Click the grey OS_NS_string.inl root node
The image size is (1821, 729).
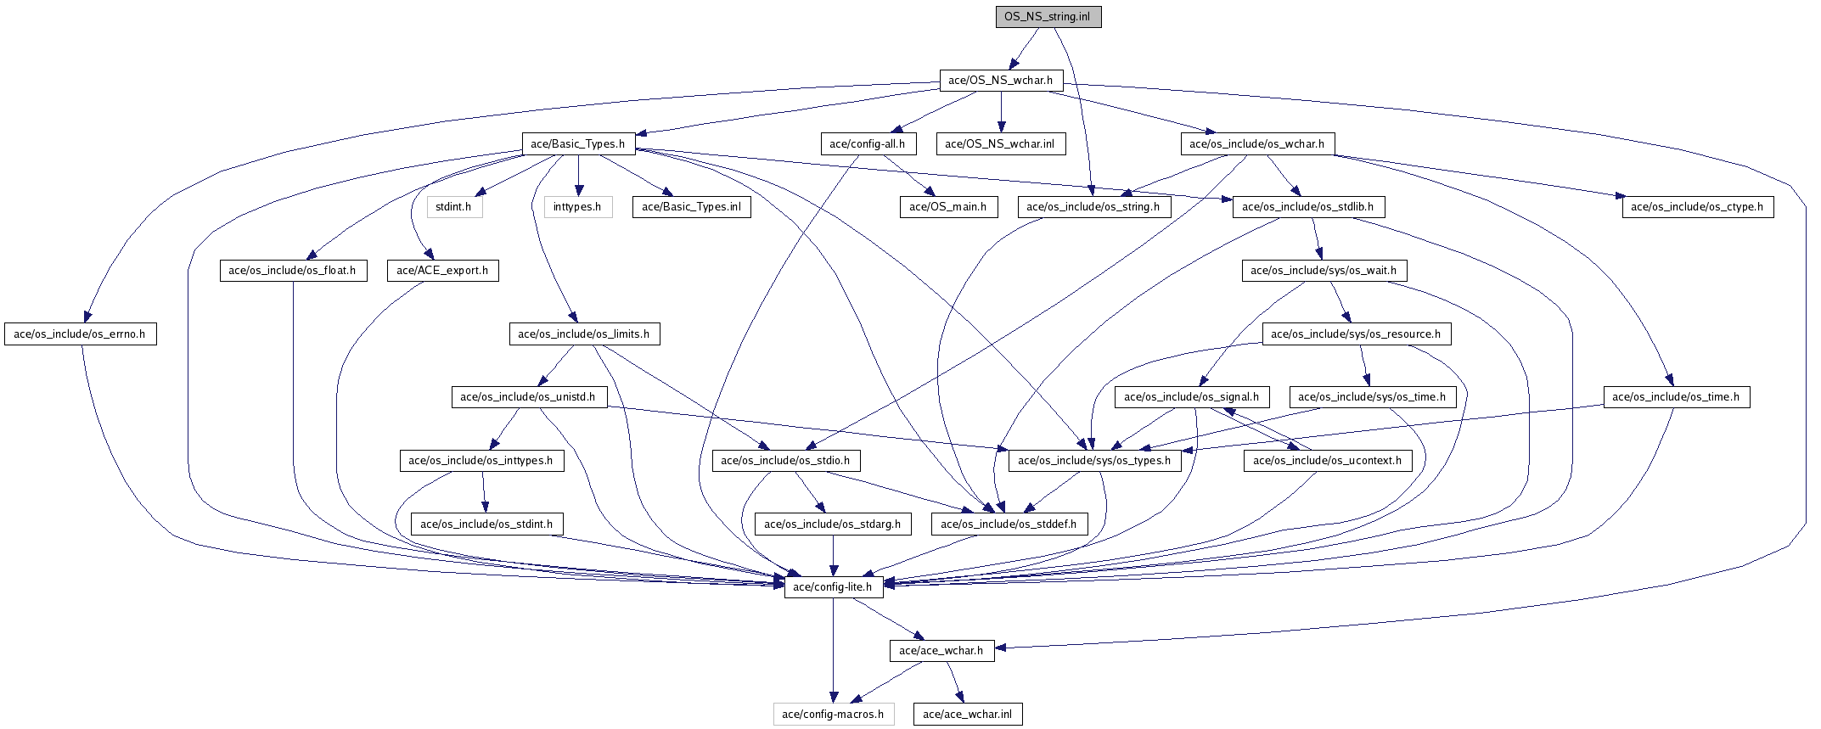1048,17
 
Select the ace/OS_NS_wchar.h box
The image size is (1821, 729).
1000,81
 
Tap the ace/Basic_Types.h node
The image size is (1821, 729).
577,144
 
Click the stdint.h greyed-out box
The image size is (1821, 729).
453,207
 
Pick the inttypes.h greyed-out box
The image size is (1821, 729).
577,207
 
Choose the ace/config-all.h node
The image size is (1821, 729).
867,144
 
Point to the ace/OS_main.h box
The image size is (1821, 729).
947,207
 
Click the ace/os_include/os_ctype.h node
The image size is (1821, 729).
1696,207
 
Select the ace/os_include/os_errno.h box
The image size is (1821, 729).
80,334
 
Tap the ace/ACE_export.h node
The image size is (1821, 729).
442,271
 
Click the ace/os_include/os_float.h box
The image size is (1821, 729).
292,271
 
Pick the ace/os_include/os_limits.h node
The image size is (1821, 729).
583,334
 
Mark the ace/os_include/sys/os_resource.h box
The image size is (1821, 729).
1355,334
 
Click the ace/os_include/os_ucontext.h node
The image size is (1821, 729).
1327,461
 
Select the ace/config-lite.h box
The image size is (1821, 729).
832,587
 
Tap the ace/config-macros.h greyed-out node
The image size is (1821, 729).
832,715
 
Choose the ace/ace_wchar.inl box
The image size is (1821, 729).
967,715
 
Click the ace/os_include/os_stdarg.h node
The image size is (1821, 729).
832,524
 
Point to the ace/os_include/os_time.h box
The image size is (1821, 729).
1675,397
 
